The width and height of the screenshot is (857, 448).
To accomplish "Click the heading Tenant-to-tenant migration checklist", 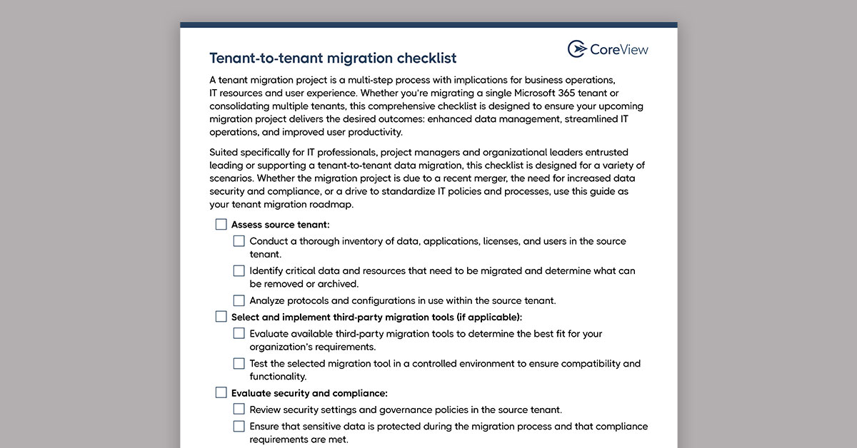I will pyautogui.click(x=333, y=58).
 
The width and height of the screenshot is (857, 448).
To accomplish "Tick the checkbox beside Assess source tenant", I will pyautogui.click(x=221, y=225).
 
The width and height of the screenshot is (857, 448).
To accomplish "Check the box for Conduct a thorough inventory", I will pyautogui.click(x=239, y=241).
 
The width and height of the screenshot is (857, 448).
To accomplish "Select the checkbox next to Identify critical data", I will pyautogui.click(x=239, y=271).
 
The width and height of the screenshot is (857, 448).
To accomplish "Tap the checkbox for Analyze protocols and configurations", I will pyautogui.click(x=239, y=300).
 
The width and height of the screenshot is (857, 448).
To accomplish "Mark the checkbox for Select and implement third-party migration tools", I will pyautogui.click(x=221, y=317).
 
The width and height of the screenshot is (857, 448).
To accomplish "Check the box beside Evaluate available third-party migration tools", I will pyautogui.click(x=239, y=333).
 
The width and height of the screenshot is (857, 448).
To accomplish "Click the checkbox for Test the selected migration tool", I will pyautogui.click(x=239, y=363).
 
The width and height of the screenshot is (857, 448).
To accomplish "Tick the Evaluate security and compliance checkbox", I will pyautogui.click(x=221, y=393).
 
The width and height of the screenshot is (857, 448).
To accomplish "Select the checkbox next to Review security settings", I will pyautogui.click(x=239, y=409).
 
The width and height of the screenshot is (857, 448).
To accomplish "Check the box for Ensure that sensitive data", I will pyautogui.click(x=239, y=427).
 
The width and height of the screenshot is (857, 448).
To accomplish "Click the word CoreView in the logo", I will pyautogui.click(x=619, y=49).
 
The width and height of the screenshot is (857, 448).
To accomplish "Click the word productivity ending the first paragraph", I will pyautogui.click(x=373, y=132).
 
